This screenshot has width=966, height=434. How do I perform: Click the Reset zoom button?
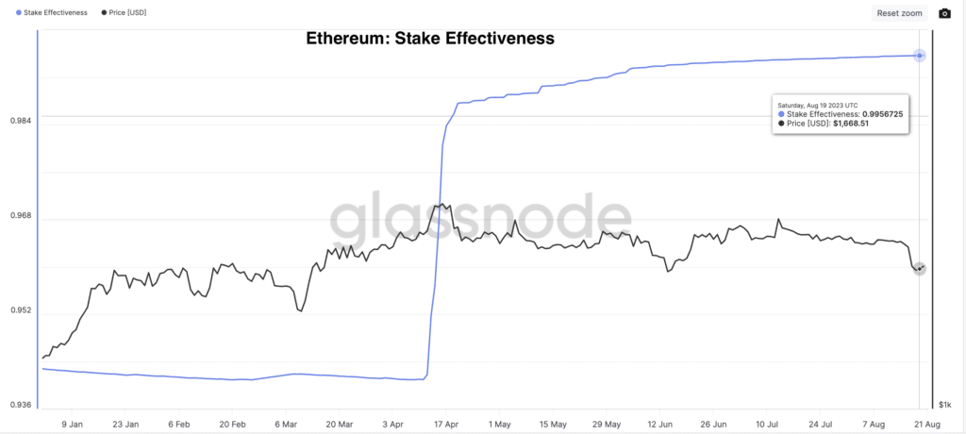point(899,13)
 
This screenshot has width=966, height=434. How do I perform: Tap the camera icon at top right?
point(944,13)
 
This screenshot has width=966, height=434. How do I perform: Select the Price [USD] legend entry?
point(124,13)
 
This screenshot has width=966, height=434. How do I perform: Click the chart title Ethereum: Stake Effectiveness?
point(430,40)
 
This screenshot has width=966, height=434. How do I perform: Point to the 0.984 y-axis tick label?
point(20,121)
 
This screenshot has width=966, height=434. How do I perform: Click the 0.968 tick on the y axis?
point(20,216)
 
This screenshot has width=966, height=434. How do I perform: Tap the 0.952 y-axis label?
point(20,311)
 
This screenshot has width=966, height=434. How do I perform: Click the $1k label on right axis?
point(944,405)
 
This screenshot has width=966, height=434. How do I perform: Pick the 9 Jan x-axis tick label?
point(72,425)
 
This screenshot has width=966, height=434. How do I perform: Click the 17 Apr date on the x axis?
point(445,425)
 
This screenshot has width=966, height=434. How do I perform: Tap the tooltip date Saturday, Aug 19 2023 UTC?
point(818,104)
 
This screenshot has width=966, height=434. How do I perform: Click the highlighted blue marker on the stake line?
point(919,56)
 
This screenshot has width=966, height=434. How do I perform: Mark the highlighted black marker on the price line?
point(919,269)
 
